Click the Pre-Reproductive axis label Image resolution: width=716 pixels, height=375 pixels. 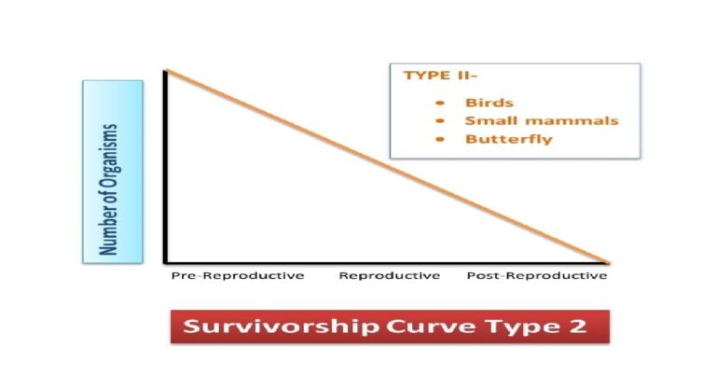(x=238, y=276)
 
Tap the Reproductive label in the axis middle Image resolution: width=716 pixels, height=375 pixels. (x=389, y=276)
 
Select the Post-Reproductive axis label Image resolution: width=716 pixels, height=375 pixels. (x=537, y=276)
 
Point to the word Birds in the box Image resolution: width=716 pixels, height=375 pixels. (x=489, y=103)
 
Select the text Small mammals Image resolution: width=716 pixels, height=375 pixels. (x=541, y=121)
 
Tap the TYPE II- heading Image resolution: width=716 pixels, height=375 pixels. (x=434, y=76)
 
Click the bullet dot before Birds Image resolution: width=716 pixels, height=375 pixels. (x=439, y=104)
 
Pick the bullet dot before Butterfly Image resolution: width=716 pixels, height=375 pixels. (x=439, y=140)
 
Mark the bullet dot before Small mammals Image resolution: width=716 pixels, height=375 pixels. (x=439, y=121)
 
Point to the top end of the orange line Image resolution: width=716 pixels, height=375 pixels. (x=167, y=70)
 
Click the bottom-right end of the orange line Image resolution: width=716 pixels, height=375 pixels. (x=608, y=262)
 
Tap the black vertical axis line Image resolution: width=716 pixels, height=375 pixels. (x=167, y=168)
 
